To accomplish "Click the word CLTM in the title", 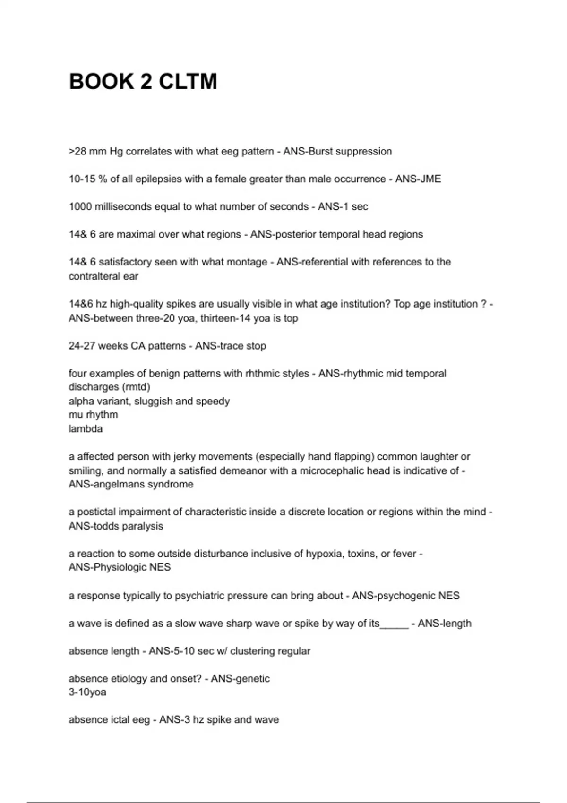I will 188,81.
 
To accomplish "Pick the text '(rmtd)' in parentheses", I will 136,387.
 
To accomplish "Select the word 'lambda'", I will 86,429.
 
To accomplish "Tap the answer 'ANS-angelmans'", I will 105,484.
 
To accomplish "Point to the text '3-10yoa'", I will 87,692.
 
